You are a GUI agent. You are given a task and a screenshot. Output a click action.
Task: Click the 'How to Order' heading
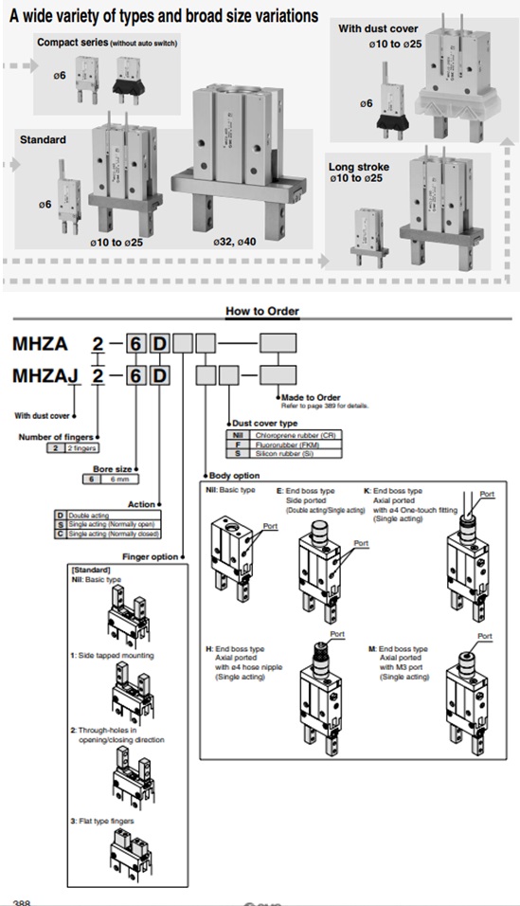[261, 311]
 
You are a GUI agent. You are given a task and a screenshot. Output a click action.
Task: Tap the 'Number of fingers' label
[52, 436]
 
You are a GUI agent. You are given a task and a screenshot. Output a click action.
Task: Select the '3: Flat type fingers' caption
[102, 820]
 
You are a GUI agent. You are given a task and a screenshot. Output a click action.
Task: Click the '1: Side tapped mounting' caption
[112, 655]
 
